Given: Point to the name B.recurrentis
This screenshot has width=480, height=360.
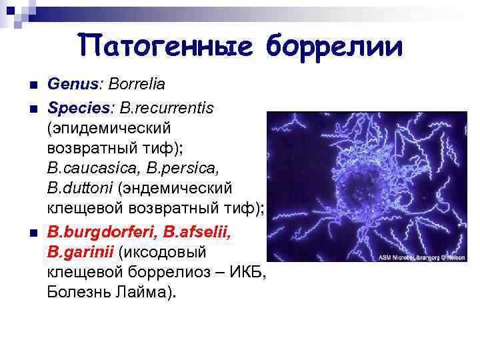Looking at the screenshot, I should [x=167, y=107].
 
